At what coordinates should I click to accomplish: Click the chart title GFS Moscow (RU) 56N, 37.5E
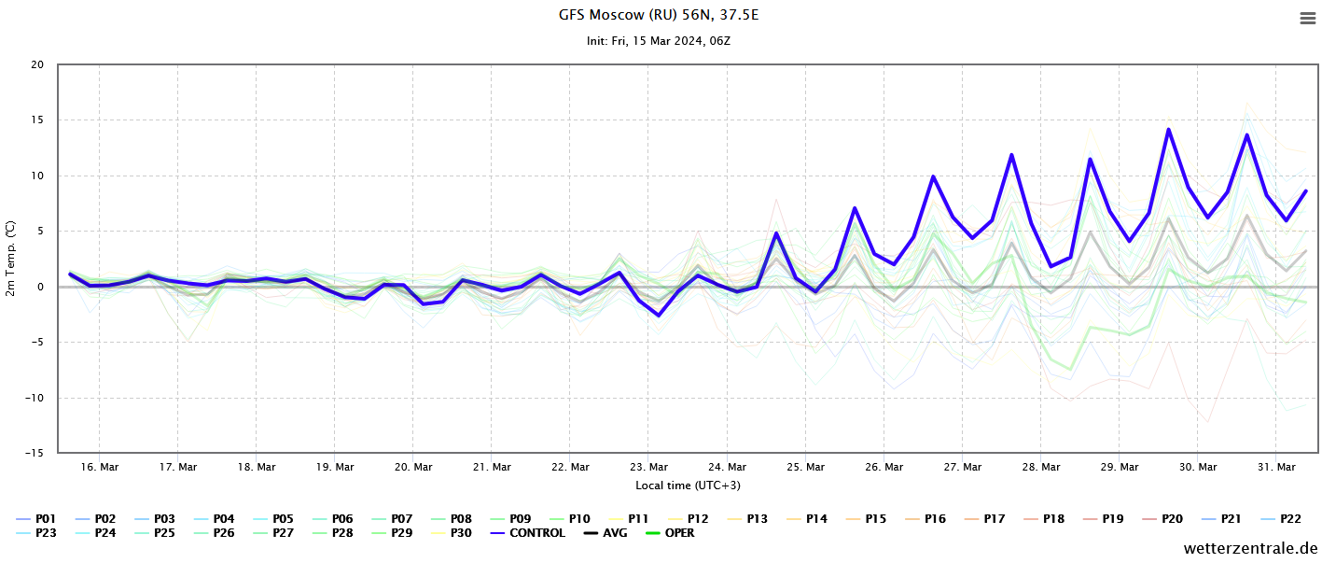pyautogui.click(x=659, y=15)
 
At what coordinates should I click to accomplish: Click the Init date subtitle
pyautogui.click(x=659, y=41)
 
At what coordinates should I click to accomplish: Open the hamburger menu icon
pyautogui.click(x=1308, y=19)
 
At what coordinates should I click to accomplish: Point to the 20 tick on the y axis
pyautogui.click(x=37, y=64)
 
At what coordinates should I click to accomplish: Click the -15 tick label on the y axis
pyautogui.click(x=35, y=453)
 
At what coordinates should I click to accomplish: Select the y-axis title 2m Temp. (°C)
pyautogui.click(x=10, y=259)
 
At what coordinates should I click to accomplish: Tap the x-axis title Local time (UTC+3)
pyautogui.click(x=689, y=486)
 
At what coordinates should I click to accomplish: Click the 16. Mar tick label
pyautogui.click(x=100, y=467)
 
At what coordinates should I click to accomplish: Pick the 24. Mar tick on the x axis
pyautogui.click(x=727, y=467)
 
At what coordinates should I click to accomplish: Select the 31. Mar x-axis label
pyautogui.click(x=1276, y=467)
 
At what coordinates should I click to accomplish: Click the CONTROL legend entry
pyautogui.click(x=528, y=533)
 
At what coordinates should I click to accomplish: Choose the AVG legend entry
pyautogui.click(x=605, y=533)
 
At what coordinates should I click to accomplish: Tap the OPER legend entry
pyautogui.click(x=670, y=533)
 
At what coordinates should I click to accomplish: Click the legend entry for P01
pyautogui.click(x=36, y=519)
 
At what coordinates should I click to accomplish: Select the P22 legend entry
pyautogui.click(x=1281, y=519)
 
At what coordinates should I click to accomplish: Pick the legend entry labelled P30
pyautogui.click(x=452, y=533)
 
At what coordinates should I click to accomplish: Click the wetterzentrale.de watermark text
pyautogui.click(x=1250, y=549)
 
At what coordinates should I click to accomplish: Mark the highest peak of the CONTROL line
pyautogui.click(x=1169, y=130)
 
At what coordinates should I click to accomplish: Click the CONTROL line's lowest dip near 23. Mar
pyautogui.click(x=659, y=316)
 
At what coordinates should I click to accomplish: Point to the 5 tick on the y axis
pyautogui.click(x=41, y=231)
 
